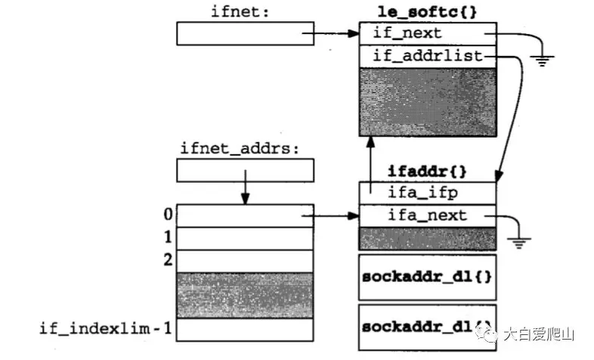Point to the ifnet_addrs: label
coord(241,147)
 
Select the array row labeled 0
coord(244,216)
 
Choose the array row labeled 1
coord(244,238)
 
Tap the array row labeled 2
coord(244,261)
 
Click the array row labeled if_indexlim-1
coord(244,329)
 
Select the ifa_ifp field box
coord(427,193)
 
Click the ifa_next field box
coord(427,216)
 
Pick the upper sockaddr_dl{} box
coord(427,276)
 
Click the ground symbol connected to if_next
coord(540,61)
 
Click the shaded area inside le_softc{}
coord(427,102)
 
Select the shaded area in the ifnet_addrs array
coord(244,295)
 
